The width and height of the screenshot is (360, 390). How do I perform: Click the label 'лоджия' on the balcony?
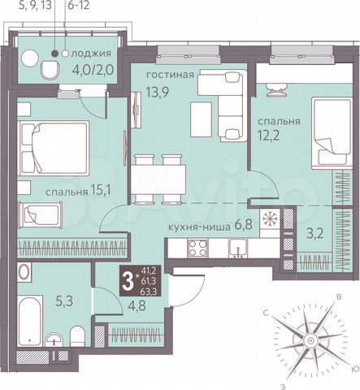pyautogui.click(x=91, y=54)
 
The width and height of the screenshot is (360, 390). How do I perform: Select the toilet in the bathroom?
pyautogui.click(x=76, y=336)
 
